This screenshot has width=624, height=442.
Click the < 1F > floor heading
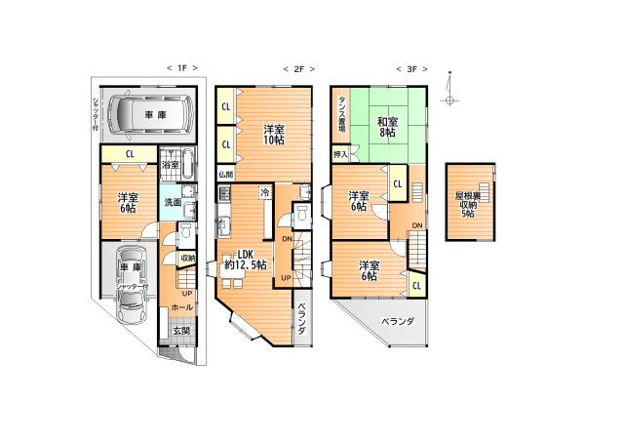182,68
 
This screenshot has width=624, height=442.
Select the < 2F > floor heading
295,68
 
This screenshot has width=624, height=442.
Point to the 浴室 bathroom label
170,166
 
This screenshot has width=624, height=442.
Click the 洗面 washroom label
170,202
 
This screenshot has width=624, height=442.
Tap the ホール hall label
182,306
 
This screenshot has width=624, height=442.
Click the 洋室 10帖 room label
274,136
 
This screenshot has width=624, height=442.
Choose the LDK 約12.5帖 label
244,259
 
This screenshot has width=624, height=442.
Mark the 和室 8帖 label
387,127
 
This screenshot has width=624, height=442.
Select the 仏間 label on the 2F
226,175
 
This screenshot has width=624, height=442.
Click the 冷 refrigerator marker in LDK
264,193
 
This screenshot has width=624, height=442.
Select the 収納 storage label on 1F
187,258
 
